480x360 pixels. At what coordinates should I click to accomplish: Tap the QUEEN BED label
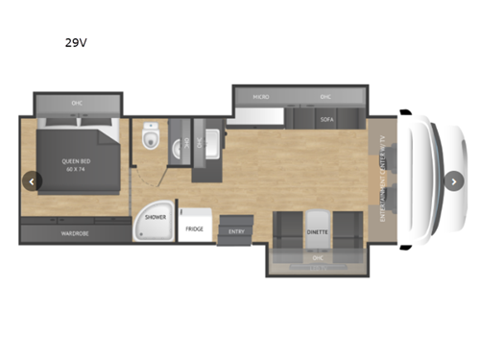(x=76, y=160)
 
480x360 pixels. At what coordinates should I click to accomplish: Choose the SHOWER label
(x=156, y=218)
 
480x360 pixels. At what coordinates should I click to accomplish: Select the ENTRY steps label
(x=232, y=231)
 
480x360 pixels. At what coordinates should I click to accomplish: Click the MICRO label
(x=260, y=97)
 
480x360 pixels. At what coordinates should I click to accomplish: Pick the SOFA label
(x=326, y=120)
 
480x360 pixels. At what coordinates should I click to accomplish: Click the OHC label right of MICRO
(x=324, y=97)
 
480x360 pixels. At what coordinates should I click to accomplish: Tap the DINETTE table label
(x=317, y=231)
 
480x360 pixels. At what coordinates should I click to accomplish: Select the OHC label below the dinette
(x=317, y=258)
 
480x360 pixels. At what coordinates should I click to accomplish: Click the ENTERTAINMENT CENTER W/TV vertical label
(x=381, y=180)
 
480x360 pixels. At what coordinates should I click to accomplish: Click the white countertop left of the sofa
(x=254, y=120)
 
